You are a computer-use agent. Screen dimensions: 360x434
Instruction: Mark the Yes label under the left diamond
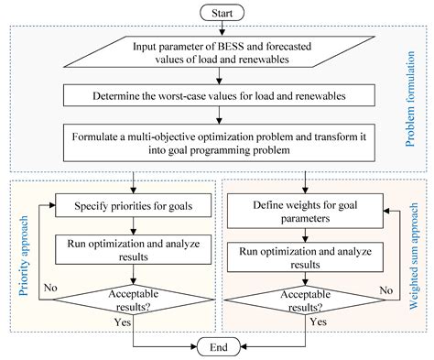click(121, 323)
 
